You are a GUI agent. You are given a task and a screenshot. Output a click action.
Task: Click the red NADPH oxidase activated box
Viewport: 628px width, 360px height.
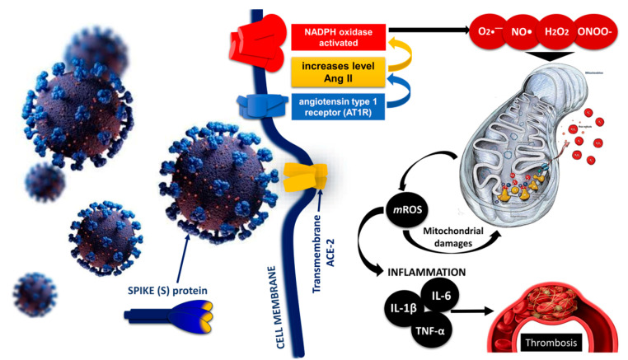[337, 36]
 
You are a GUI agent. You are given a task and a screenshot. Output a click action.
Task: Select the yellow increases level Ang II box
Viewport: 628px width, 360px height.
[337, 72]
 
